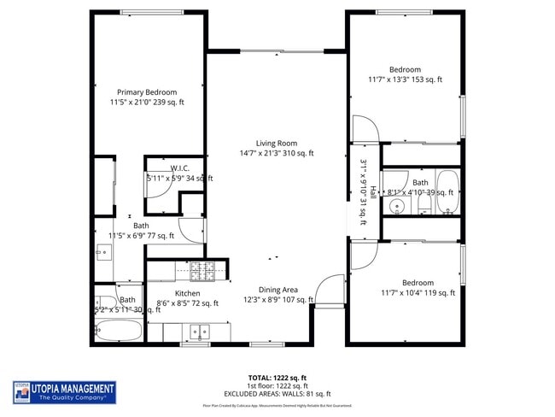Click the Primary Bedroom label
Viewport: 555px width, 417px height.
pyautogui.click(x=147, y=92)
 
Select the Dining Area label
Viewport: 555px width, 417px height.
pyautogui.click(x=277, y=290)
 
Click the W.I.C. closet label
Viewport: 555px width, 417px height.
pyautogui.click(x=179, y=167)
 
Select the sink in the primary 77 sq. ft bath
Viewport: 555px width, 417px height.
pyautogui.click(x=103, y=252)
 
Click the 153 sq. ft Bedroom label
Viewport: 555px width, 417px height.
pyautogui.click(x=405, y=70)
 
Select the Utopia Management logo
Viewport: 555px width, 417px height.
pyautogui.click(x=64, y=392)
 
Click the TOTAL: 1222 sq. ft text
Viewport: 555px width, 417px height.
pyautogui.click(x=277, y=377)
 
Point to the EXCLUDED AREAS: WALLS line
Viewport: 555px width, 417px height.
pyautogui.click(x=277, y=393)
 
